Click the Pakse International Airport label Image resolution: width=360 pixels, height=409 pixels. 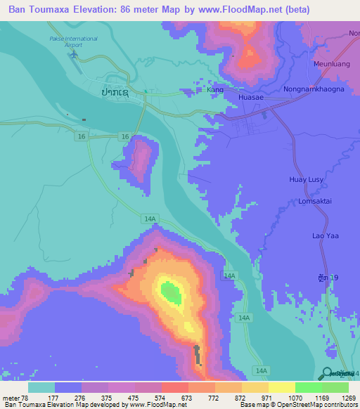(73, 41)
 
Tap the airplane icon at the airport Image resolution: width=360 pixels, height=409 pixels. (74, 53)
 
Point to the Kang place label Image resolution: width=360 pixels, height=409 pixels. (214, 91)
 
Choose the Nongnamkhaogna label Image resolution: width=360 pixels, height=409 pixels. (313, 90)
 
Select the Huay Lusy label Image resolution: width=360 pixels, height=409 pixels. (326, 180)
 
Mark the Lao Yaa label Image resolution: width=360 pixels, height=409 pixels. (326, 235)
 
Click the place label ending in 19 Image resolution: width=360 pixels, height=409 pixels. (328, 279)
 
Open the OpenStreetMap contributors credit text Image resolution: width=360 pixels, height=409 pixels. (318, 405)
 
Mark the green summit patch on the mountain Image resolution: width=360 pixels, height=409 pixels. (169, 290)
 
